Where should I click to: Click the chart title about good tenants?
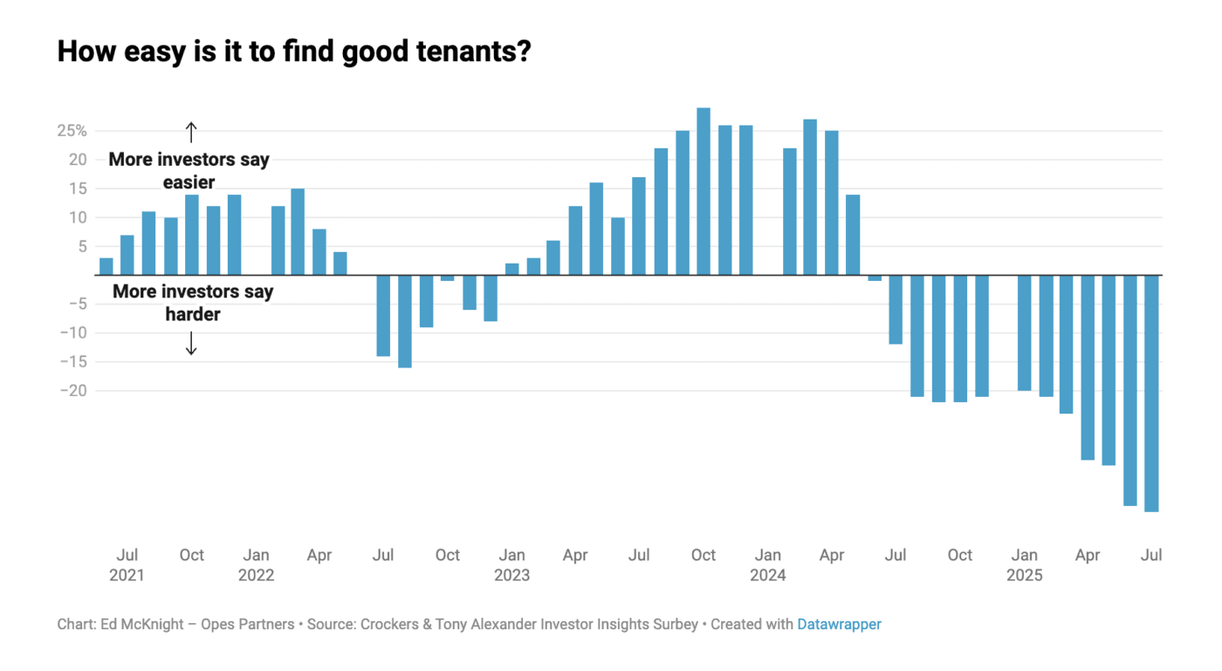point(294,51)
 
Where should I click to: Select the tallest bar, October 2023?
point(704,191)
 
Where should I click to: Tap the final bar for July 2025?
point(1151,393)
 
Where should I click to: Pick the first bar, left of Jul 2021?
point(106,266)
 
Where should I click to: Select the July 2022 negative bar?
point(383,315)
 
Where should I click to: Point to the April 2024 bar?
point(831,202)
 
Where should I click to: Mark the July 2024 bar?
point(896,309)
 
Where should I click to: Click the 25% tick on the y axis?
point(72,131)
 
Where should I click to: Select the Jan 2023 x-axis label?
point(511,565)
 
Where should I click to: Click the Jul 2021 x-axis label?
point(127,565)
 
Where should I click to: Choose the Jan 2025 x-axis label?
point(1024,565)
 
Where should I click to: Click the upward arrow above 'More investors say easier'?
point(191,132)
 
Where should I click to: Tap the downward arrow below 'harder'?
point(191,346)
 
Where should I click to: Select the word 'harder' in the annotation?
point(192,314)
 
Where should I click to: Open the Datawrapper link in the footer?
point(839,624)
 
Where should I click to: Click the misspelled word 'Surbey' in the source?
point(676,624)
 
